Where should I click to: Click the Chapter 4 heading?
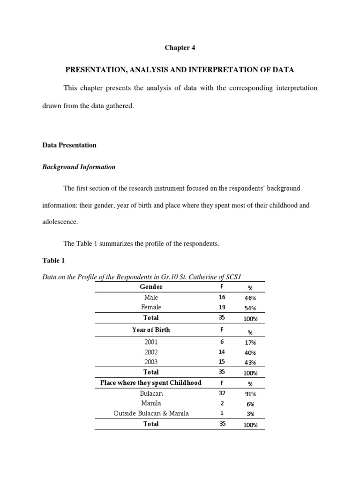pos(180,48)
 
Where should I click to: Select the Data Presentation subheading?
pos(69,145)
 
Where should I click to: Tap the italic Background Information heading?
pos(79,167)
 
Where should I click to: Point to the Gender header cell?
pos(151,286)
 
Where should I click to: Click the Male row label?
pos(151,297)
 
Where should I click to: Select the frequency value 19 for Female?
pos(222,307)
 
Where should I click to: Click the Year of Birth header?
pos(151,330)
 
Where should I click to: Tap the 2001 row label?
pos(151,343)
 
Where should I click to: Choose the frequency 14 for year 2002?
pos(222,352)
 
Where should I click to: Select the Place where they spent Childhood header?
pos(151,382)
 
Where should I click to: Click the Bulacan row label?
pos(151,394)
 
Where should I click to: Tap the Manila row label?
pos(151,403)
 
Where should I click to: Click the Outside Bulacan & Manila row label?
pos(151,413)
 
